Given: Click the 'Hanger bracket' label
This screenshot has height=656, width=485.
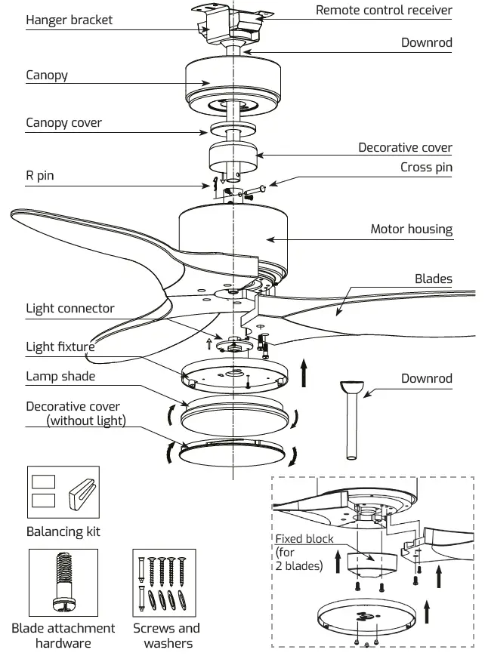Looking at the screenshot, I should click(x=69, y=20).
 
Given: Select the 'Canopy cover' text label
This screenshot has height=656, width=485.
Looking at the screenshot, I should click(x=63, y=122).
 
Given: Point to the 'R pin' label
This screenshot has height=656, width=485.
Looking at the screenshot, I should click(x=39, y=177).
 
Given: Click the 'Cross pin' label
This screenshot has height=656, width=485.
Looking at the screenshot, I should click(x=426, y=167).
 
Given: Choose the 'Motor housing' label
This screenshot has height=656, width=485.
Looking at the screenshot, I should click(x=411, y=229).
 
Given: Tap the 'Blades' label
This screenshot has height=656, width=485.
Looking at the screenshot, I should click(x=433, y=279).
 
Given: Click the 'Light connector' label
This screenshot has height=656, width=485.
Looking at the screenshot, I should click(x=70, y=308).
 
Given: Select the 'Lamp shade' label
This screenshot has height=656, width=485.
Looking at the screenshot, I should click(x=60, y=376).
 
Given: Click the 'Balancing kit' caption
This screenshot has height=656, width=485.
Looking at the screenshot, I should click(x=63, y=531).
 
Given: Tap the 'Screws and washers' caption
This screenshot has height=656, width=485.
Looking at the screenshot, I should click(x=166, y=635).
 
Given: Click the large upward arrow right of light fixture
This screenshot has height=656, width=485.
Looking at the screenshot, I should click(x=304, y=373).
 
